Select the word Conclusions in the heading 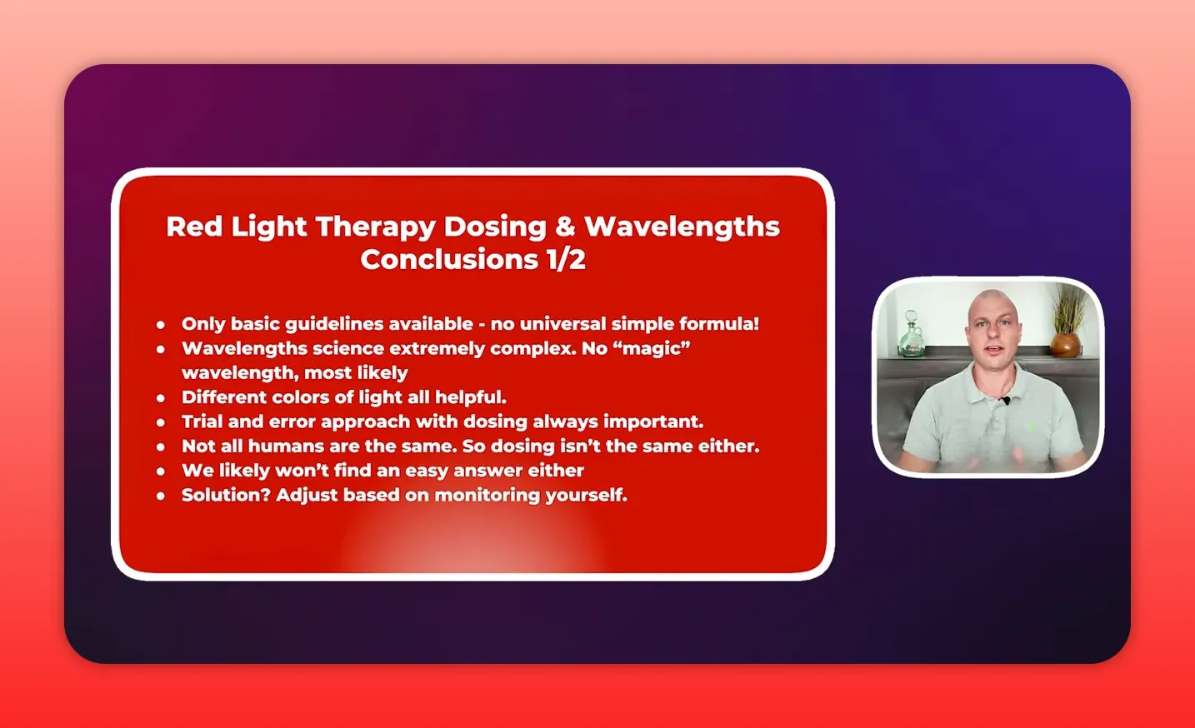point(449,260)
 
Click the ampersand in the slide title point(565,227)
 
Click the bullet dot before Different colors point(161,398)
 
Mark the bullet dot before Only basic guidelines point(161,325)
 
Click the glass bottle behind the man point(911,336)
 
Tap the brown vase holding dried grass point(1064,344)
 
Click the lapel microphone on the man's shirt point(1006,401)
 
